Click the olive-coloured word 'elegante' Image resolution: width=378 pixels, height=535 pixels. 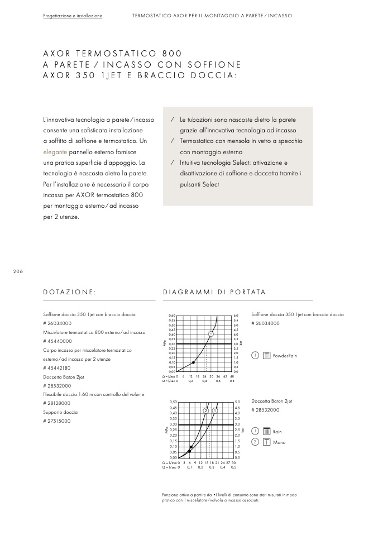pyautogui.click(x=55, y=151)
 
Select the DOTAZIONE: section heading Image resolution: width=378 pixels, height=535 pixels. pyautogui.click(x=70, y=292)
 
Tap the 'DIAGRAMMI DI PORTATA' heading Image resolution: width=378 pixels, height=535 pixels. pyautogui.click(x=214, y=292)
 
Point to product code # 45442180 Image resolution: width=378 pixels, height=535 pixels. pyautogui.click(x=57, y=368)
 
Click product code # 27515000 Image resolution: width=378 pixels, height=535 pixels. pyautogui.click(x=57, y=421)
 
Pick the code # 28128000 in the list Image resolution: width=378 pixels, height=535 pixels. pyautogui.click(x=57, y=403)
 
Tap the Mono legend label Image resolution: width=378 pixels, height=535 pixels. pyautogui.click(x=279, y=442)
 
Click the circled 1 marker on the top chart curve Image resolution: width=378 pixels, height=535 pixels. pyautogui.click(x=211, y=334)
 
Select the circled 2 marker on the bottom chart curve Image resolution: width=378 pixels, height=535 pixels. pyautogui.click(x=206, y=410)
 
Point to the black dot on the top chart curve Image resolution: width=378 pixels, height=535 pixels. pyautogui.click(x=193, y=362)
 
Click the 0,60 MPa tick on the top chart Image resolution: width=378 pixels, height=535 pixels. pyautogui.click(x=171, y=316)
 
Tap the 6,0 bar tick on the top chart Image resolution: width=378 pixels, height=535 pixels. pyautogui.click(x=236, y=316)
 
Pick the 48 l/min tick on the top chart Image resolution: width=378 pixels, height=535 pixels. pyautogui.click(x=232, y=376)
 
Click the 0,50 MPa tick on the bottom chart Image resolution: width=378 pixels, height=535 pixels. pyautogui.click(x=173, y=402)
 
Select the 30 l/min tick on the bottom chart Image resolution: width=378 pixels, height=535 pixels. pyautogui.click(x=233, y=462)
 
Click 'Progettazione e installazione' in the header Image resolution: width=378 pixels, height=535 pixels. pyautogui.click(x=73, y=16)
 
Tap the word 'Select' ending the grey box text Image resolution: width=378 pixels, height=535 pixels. pyautogui.click(x=210, y=184)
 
